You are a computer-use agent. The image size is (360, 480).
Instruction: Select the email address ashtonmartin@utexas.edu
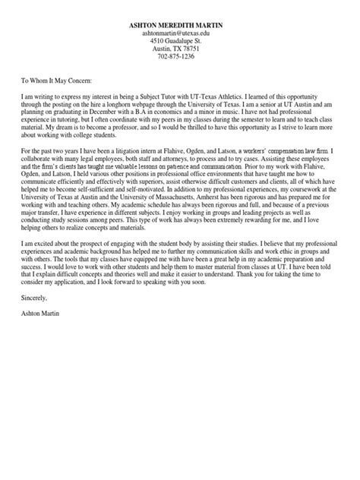(180, 35)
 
